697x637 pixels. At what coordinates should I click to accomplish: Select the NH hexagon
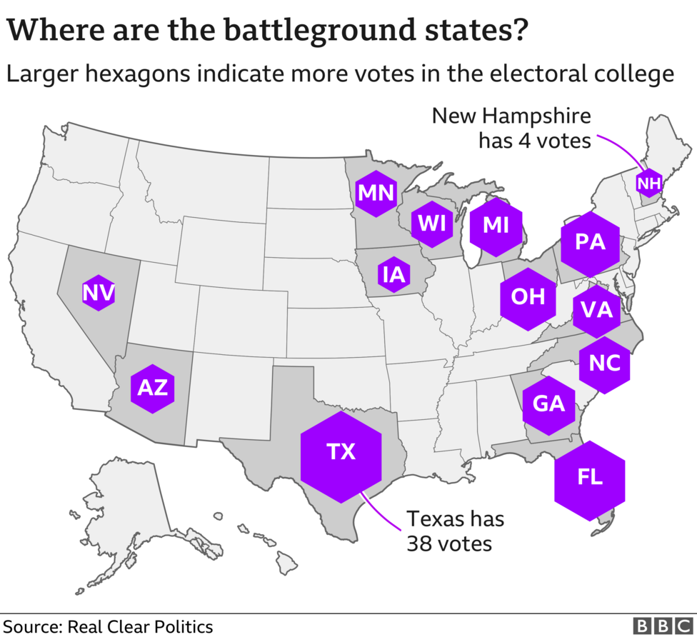point(648,184)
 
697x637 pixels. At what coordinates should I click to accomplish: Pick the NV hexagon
point(99,293)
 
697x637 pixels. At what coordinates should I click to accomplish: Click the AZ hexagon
point(152,388)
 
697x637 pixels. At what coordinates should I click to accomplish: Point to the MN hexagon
point(376,193)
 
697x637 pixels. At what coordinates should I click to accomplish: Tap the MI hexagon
point(495,225)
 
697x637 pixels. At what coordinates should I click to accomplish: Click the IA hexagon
point(393,274)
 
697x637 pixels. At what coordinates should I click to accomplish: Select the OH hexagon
point(528,296)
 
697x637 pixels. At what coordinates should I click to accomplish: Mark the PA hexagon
point(590,243)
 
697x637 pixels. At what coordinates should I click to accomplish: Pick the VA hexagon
point(597,309)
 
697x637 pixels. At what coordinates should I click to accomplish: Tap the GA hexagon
point(548,404)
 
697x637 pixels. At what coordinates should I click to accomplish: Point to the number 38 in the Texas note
point(421,543)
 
